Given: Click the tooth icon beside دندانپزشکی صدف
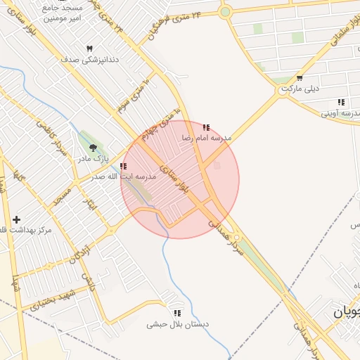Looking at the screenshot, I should click(89, 48).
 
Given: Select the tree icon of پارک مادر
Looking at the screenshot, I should click(93, 148).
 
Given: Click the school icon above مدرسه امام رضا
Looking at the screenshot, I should click(206, 127).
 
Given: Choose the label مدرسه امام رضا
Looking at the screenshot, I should click(206, 139).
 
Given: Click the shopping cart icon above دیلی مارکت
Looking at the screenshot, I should click(300, 78).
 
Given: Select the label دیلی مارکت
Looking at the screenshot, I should click(300, 89).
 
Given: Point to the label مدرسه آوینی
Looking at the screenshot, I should click(340, 113).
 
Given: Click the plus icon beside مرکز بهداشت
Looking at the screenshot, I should click(17, 220).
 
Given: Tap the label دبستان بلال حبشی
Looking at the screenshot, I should click(177, 324).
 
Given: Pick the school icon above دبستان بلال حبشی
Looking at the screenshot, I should click(177, 313).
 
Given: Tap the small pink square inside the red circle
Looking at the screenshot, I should click(217, 166).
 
